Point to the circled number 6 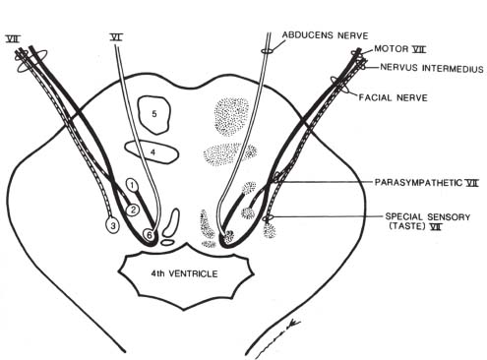(149, 235)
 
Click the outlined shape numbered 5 (153, 115)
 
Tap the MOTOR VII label (406, 48)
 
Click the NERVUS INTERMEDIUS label (422, 67)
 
